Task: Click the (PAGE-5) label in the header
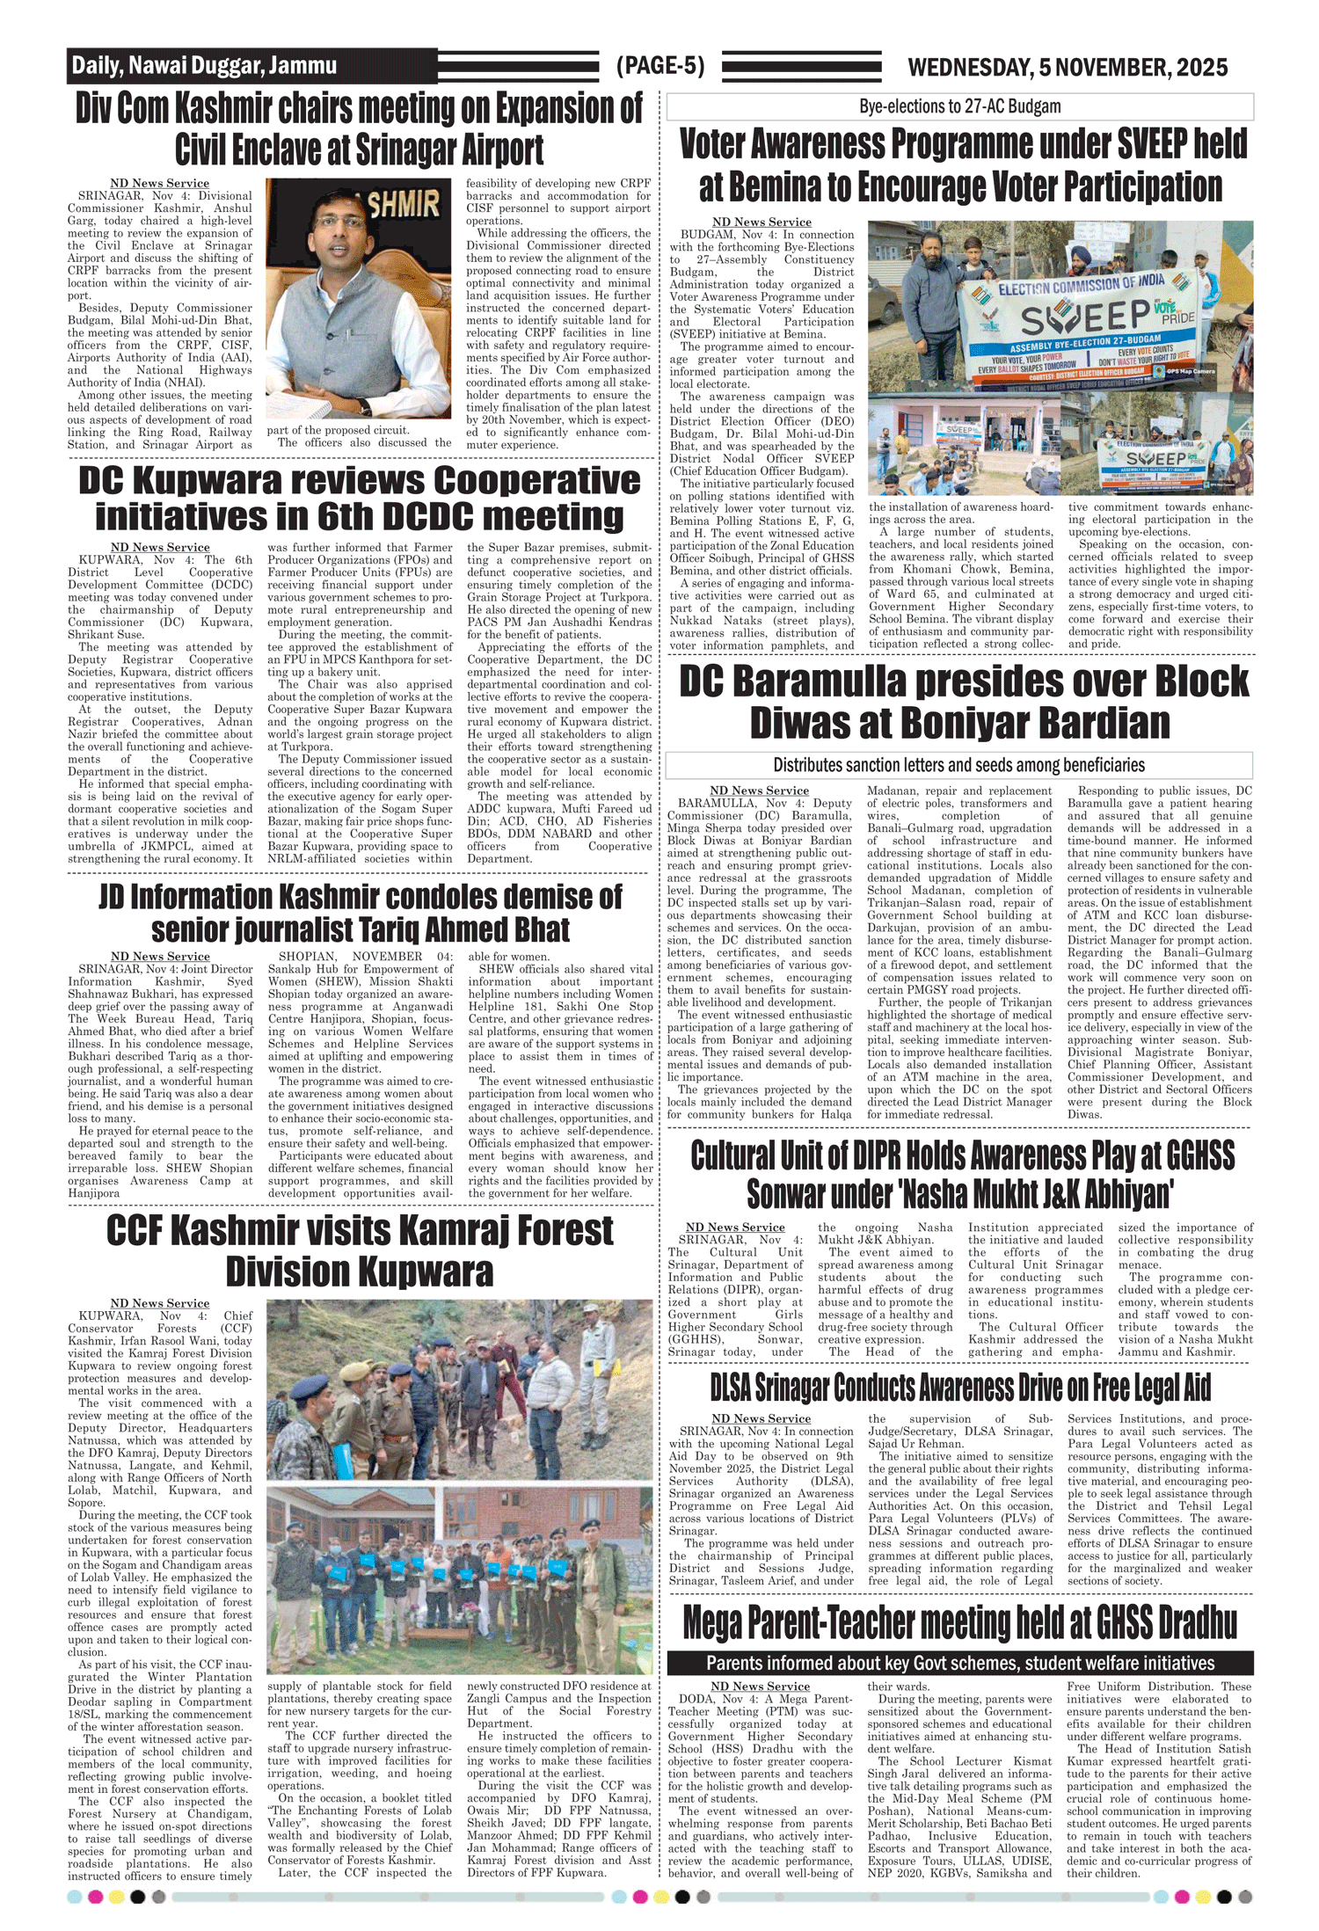point(659,66)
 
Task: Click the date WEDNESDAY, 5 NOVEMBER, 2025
point(1067,68)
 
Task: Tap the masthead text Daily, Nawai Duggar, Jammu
point(203,66)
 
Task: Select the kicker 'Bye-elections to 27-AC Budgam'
point(959,106)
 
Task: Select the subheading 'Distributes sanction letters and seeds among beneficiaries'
point(958,765)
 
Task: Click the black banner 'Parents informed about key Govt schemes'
point(959,1663)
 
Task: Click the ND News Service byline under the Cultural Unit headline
point(734,1227)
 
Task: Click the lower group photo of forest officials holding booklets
point(459,1579)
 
